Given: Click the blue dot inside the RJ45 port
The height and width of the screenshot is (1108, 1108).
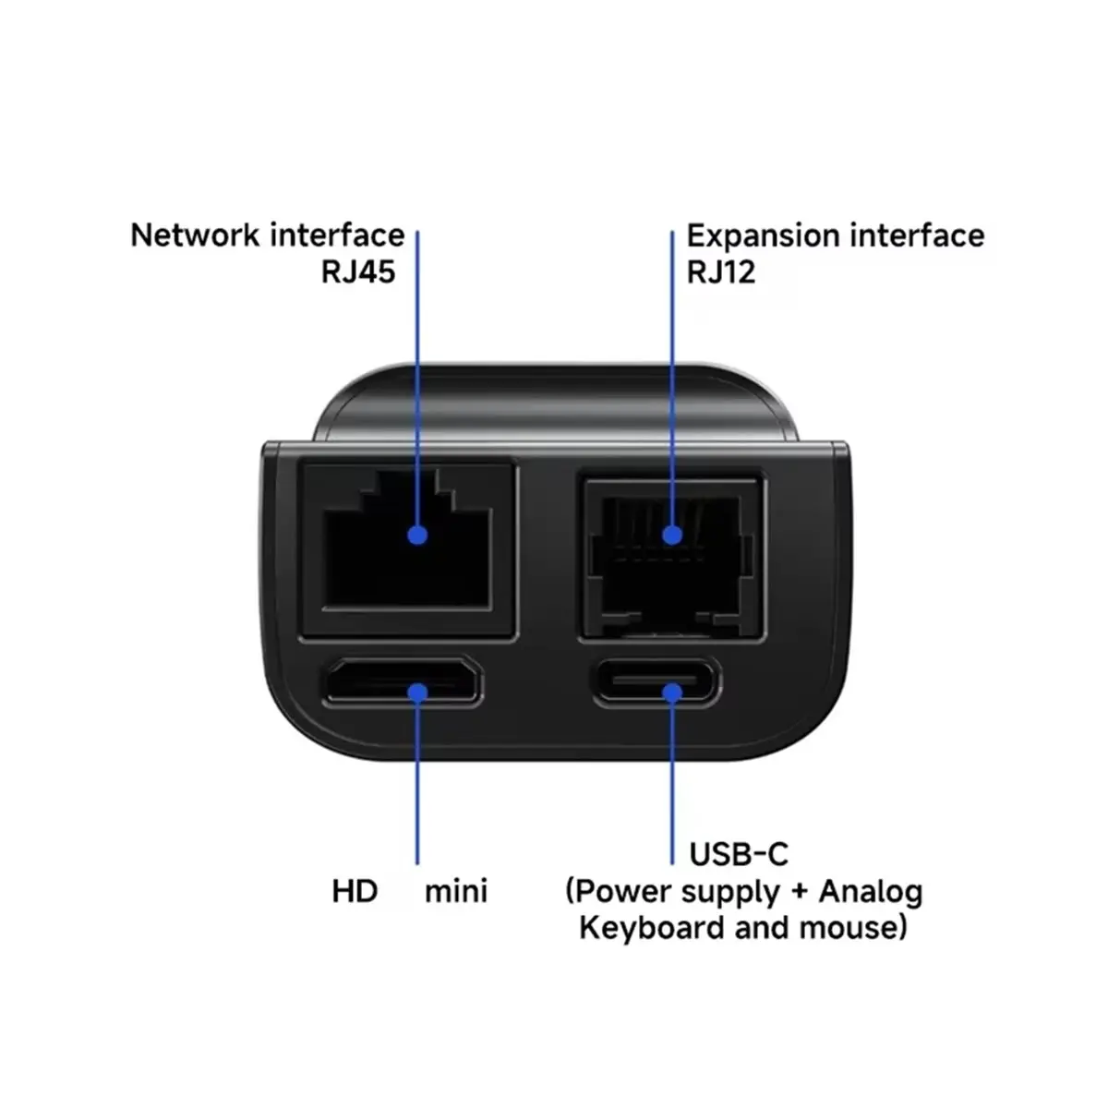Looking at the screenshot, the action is pyautogui.click(x=417, y=535).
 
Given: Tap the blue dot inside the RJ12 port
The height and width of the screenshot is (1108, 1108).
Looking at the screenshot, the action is pyautogui.click(x=672, y=535).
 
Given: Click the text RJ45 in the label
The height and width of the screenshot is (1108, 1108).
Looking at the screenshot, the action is pyautogui.click(x=358, y=273).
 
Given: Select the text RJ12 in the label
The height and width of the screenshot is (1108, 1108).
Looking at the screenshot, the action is pyautogui.click(x=720, y=273).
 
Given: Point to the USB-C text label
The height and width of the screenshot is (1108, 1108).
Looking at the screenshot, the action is pyautogui.click(x=739, y=854).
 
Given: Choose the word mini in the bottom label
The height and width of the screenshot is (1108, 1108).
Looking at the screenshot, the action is pyautogui.click(x=456, y=892).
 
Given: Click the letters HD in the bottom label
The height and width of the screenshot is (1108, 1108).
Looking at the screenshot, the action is pyautogui.click(x=355, y=892).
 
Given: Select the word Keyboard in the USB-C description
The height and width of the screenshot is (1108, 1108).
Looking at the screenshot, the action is pyautogui.click(x=652, y=927).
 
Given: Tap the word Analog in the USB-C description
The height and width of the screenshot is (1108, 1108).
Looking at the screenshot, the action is pyautogui.click(x=871, y=892).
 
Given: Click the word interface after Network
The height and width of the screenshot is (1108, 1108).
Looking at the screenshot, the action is pyautogui.click(x=336, y=235).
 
